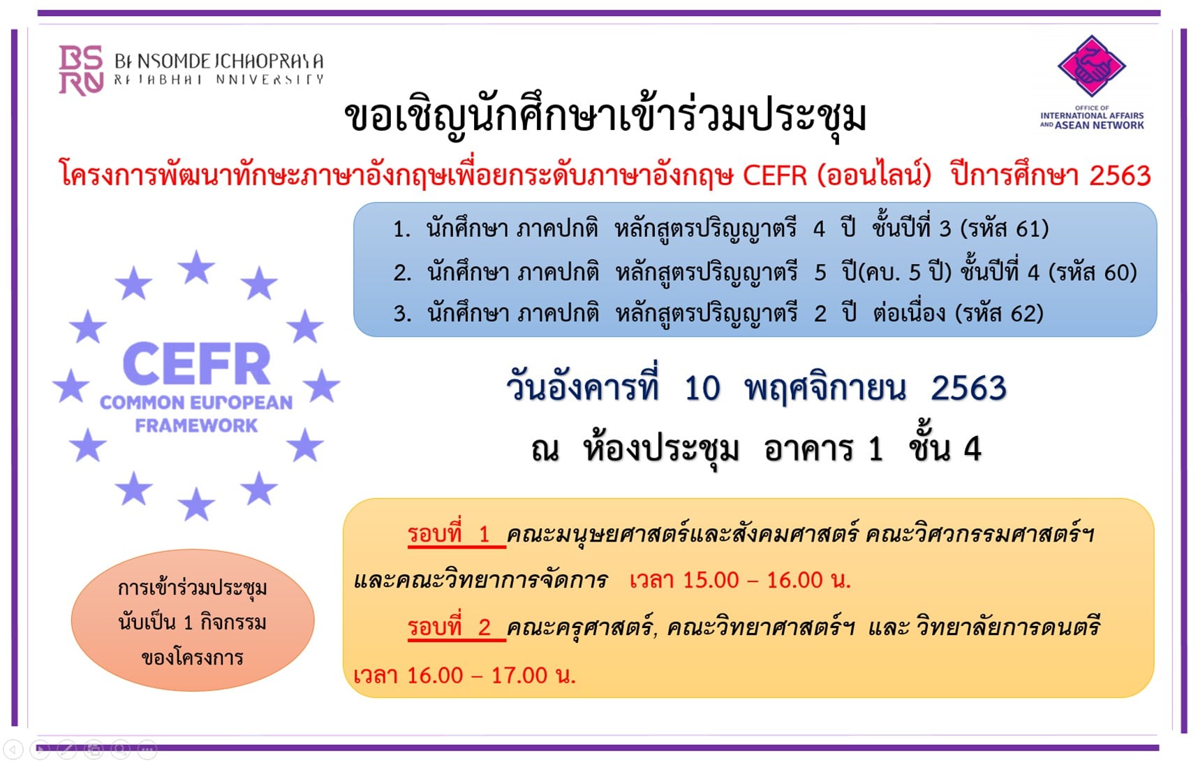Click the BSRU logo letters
(81, 70)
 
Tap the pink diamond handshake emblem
(1091, 66)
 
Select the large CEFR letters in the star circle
(196, 364)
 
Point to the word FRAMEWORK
(196, 426)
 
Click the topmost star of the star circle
(196, 267)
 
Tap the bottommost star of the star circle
(196, 504)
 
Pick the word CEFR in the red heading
(774, 175)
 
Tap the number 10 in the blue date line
(702, 388)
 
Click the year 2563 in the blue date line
(969, 388)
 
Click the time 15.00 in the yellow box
(711, 580)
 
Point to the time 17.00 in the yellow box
(519, 676)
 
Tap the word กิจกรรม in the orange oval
(233, 622)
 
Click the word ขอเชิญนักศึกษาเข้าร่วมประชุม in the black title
(605, 117)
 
